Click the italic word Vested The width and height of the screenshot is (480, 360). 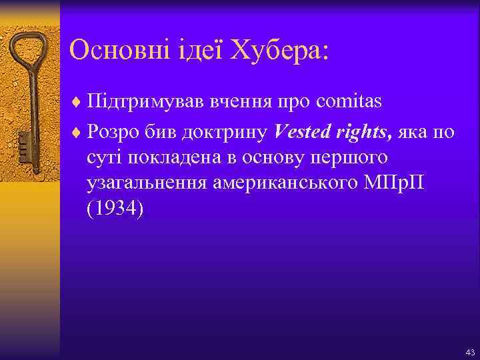(301, 132)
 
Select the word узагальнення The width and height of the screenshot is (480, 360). (145, 183)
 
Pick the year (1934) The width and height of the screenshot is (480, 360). (114, 209)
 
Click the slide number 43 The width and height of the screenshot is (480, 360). (470, 352)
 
